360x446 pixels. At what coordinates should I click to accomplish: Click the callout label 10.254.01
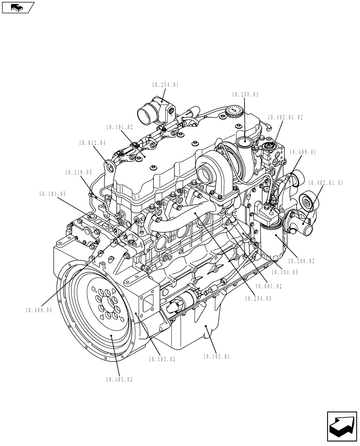coord(165,84)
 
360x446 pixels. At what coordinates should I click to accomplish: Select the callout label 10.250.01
coord(245,95)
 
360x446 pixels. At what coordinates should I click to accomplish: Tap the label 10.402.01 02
coord(285,117)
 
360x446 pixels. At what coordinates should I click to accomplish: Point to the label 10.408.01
coord(303,152)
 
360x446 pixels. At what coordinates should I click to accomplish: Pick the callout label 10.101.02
coord(120,127)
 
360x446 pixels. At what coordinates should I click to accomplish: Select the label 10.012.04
coord(93,143)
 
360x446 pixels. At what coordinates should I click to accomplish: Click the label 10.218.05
coord(78,172)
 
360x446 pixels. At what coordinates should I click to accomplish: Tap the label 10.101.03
coord(52,194)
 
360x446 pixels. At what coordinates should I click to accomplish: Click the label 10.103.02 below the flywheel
coord(119,380)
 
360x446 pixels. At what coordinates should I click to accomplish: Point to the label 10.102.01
coord(217,356)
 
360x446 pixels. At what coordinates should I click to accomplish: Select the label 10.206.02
coord(301,261)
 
